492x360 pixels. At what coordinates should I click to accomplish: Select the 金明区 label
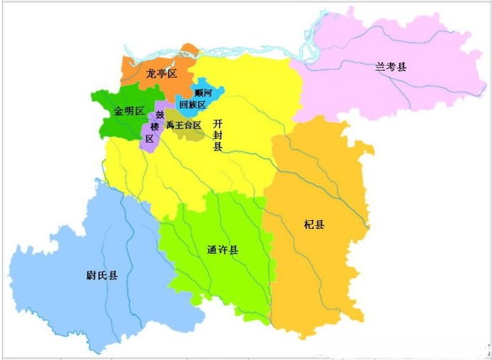coord(129,111)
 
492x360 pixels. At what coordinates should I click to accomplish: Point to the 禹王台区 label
coord(183,125)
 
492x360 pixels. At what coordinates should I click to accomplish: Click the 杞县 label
coord(314,225)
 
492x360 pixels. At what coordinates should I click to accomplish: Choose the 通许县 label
coord(222,250)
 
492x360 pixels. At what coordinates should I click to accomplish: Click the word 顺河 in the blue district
coord(203,93)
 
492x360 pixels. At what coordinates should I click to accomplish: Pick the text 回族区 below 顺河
coord(193,105)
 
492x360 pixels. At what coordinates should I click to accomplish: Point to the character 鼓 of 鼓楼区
coord(160,115)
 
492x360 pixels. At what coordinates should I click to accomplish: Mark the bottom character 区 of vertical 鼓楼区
coord(149,139)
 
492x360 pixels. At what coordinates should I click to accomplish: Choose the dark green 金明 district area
coord(118,125)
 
